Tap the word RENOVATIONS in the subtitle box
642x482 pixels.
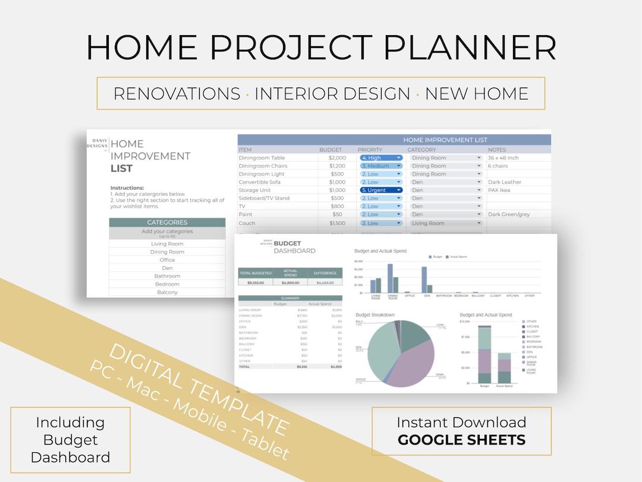coord(177,93)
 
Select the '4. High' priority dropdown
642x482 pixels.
coord(381,158)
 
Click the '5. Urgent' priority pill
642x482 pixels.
coord(381,190)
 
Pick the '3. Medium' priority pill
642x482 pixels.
coord(381,166)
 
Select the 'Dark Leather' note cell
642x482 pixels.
coord(504,182)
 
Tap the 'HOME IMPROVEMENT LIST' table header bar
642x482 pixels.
coord(445,140)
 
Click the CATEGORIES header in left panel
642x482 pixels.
coord(167,223)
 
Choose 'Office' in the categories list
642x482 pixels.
coord(167,260)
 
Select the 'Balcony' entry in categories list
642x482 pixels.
coord(167,292)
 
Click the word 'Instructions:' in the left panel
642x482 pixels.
coord(127,188)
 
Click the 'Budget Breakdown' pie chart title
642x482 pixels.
coord(374,315)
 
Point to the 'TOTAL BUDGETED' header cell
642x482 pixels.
coord(255,273)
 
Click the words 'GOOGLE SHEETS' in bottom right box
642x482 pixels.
coord(461,440)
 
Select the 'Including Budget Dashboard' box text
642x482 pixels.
coord(70,440)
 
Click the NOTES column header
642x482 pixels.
coord(497,150)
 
